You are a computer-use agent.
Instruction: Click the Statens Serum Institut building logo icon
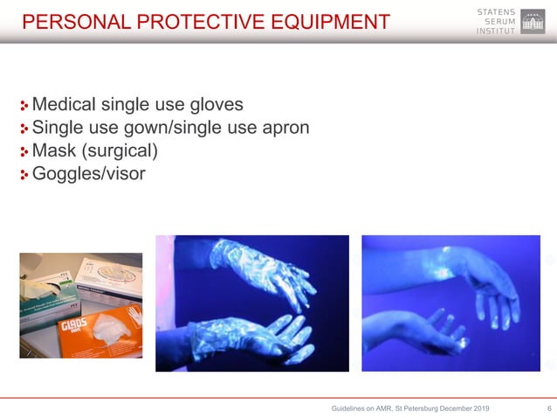point(532,22)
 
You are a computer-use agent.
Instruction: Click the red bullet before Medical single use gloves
point(24,107)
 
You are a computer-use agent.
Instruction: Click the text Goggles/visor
point(88,174)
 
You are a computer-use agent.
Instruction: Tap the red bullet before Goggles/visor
point(24,175)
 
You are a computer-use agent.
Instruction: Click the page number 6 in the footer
point(547,407)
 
